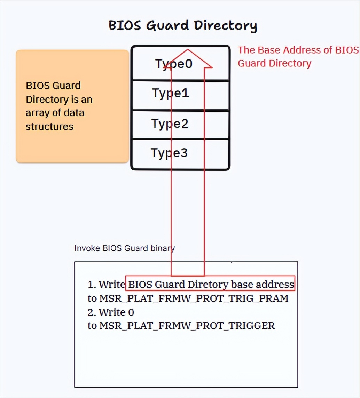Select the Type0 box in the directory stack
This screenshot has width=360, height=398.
coord(153,64)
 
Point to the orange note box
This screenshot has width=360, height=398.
coord(72,106)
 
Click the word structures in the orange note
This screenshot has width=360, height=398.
coord(49,127)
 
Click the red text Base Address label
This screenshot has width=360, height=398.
coord(298,56)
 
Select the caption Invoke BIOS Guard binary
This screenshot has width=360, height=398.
coord(124,248)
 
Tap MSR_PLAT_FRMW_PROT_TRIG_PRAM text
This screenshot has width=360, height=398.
coord(194,298)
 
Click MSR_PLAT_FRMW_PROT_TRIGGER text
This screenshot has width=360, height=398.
coord(187,326)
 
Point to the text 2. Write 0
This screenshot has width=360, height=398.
coord(111,312)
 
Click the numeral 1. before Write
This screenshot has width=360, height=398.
coord(92,285)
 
